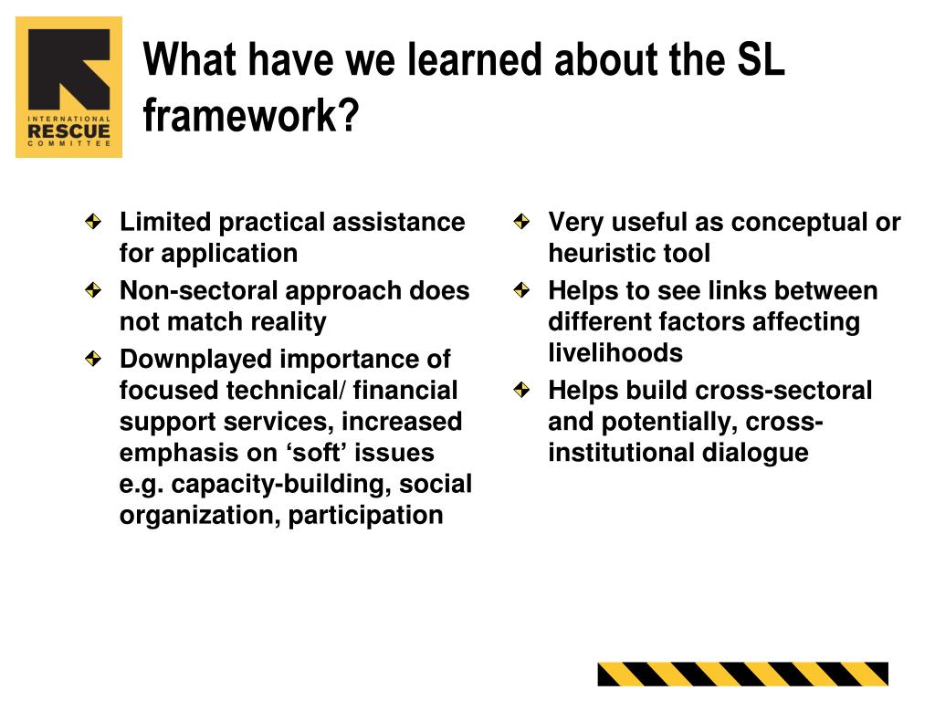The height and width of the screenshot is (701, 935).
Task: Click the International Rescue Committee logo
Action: coord(69,87)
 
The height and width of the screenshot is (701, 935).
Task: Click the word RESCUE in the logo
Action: coord(69,131)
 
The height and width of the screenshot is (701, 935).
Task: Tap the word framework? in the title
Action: coord(251,115)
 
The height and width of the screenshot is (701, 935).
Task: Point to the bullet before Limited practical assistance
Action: coord(94,222)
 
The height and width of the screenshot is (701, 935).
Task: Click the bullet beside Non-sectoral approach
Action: coord(94,290)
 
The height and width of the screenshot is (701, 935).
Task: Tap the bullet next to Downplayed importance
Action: coord(94,359)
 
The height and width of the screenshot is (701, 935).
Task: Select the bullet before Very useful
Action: coord(521,222)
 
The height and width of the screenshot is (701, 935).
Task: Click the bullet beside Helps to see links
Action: coord(521,290)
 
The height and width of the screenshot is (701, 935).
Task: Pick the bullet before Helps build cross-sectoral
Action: coord(521,390)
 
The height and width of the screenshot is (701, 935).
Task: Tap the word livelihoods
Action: coord(615,352)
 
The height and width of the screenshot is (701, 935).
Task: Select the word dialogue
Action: coord(755,453)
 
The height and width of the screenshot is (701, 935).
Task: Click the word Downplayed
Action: coord(195,360)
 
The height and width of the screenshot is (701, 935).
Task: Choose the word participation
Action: coord(365,515)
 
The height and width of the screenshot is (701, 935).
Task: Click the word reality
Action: coord(288,322)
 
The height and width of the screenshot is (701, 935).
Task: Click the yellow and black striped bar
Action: coord(743,675)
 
